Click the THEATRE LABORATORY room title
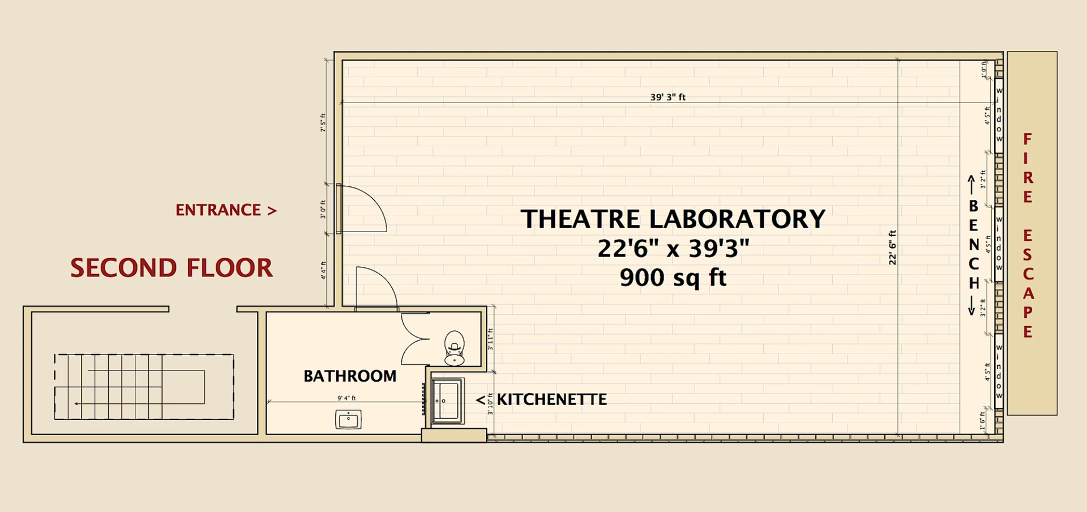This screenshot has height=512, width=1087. pyautogui.click(x=673, y=219)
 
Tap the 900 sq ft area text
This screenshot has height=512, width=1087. pyautogui.click(x=673, y=278)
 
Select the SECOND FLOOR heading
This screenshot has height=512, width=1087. pyautogui.click(x=172, y=268)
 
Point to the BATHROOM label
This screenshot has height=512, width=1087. pyautogui.click(x=350, y=376)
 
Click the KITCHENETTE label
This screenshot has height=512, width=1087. pyautogui.click(x=551, y=399)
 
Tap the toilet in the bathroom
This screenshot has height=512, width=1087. pyautogui.click(x=455, y=347)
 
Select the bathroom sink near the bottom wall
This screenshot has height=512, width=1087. pyautogui.click(x=348, y=420)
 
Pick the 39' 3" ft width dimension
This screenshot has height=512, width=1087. pyautogui.click(x=667, y=97)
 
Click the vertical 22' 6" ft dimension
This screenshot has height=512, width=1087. pyautogui.click(x=893, y=248)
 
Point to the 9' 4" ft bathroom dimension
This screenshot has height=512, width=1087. pyautogui.click(x=346, y=398)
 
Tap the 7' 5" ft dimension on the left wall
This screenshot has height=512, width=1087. pyautogui.click(x=323, y=122)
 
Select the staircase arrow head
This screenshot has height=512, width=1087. pyautogui.click(x=76, y=404)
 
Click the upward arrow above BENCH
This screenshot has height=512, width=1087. pyautogui.click(x=971, y=184)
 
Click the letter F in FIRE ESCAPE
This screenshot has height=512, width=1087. pyautogui.click(x=1028, y=139)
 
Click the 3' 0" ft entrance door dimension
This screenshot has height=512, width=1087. pyautogui.click(x=323, y=209)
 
